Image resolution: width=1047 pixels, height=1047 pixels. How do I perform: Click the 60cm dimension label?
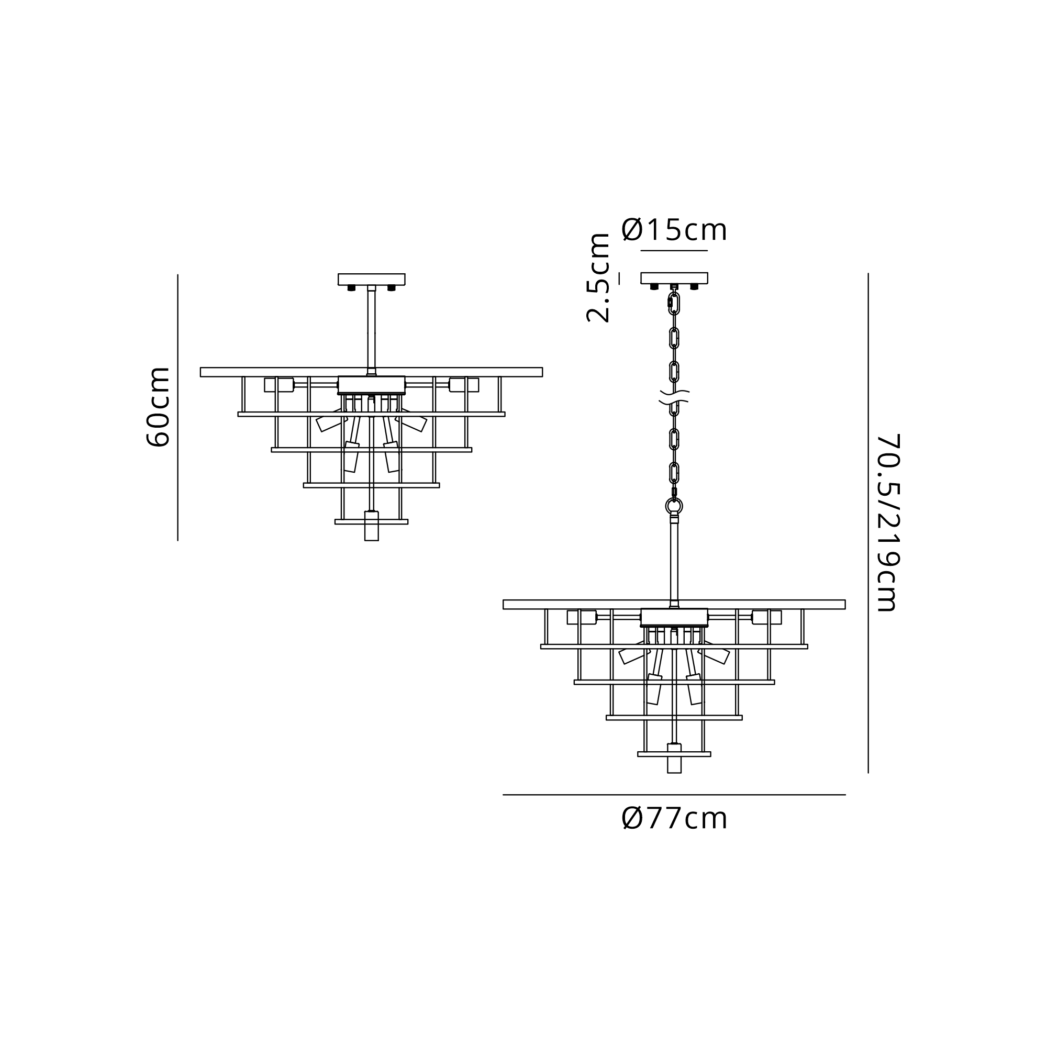point(159,406)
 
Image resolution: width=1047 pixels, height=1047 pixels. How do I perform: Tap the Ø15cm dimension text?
point(674,230)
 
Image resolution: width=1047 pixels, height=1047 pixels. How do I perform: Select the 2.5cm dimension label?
point(598,278)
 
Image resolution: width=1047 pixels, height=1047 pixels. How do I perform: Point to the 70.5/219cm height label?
point(888,523)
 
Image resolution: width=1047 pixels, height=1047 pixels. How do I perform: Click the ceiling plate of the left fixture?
point(371,279)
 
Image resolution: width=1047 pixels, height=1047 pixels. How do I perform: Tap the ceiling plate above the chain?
point(674,278)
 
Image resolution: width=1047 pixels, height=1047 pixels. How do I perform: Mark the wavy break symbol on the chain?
point(674,397)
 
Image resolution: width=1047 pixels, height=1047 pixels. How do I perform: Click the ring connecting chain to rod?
point(674,506)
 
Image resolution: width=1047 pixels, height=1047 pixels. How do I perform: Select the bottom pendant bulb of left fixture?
point(371,526)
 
